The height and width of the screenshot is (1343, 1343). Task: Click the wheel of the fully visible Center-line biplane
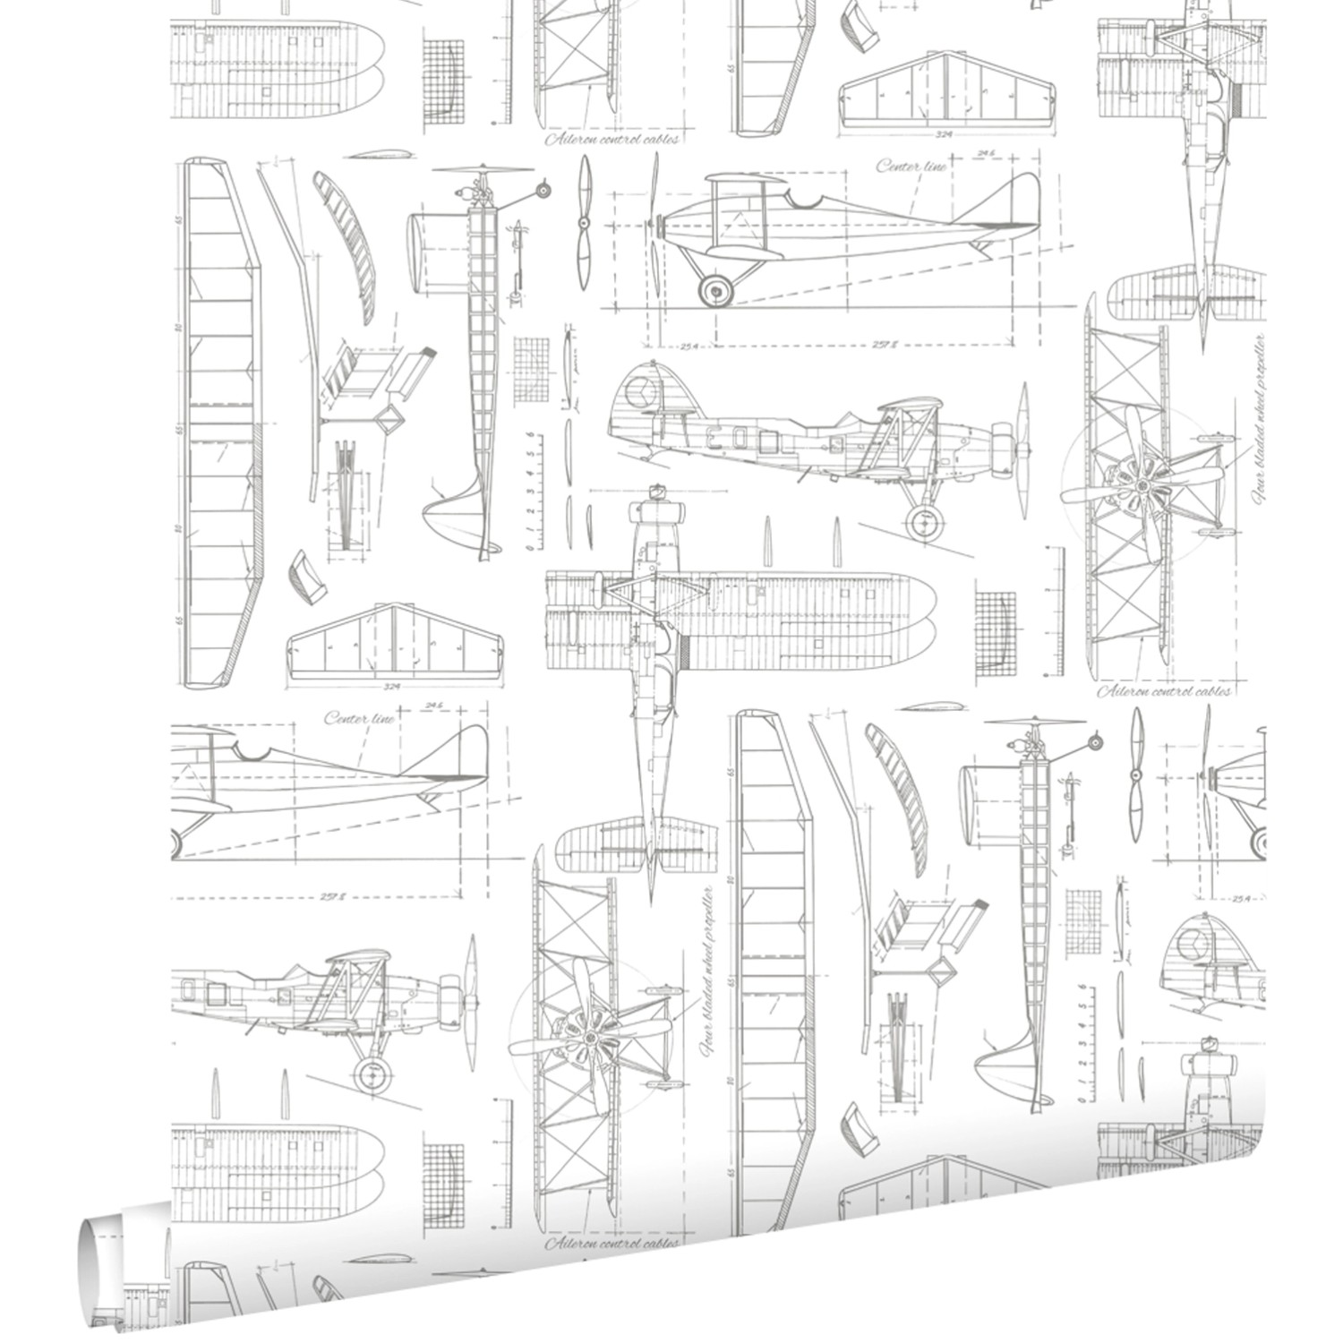pyautogui.click(x=714, y=287)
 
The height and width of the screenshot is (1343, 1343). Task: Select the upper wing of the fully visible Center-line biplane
pyautogui.click(x=748, y=182)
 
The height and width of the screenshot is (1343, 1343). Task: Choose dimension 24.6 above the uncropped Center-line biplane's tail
pyautogui.click(x=986, y=153)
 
